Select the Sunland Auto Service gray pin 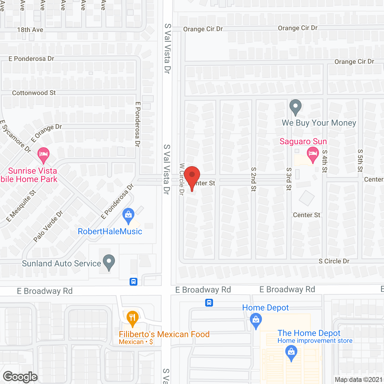point(109,262)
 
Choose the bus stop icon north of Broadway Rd point(133,282)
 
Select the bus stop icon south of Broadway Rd point(209,303)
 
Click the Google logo point(20,377)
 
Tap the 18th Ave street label point(30,30)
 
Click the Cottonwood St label point(34,93)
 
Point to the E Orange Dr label point(46,133)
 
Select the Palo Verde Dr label point(48,226)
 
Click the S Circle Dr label point(334,261)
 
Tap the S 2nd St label point(253,179)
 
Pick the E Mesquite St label point(21,206)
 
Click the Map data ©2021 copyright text point(358,380)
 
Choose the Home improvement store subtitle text point(315,341)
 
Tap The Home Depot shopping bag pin point(291,353)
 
